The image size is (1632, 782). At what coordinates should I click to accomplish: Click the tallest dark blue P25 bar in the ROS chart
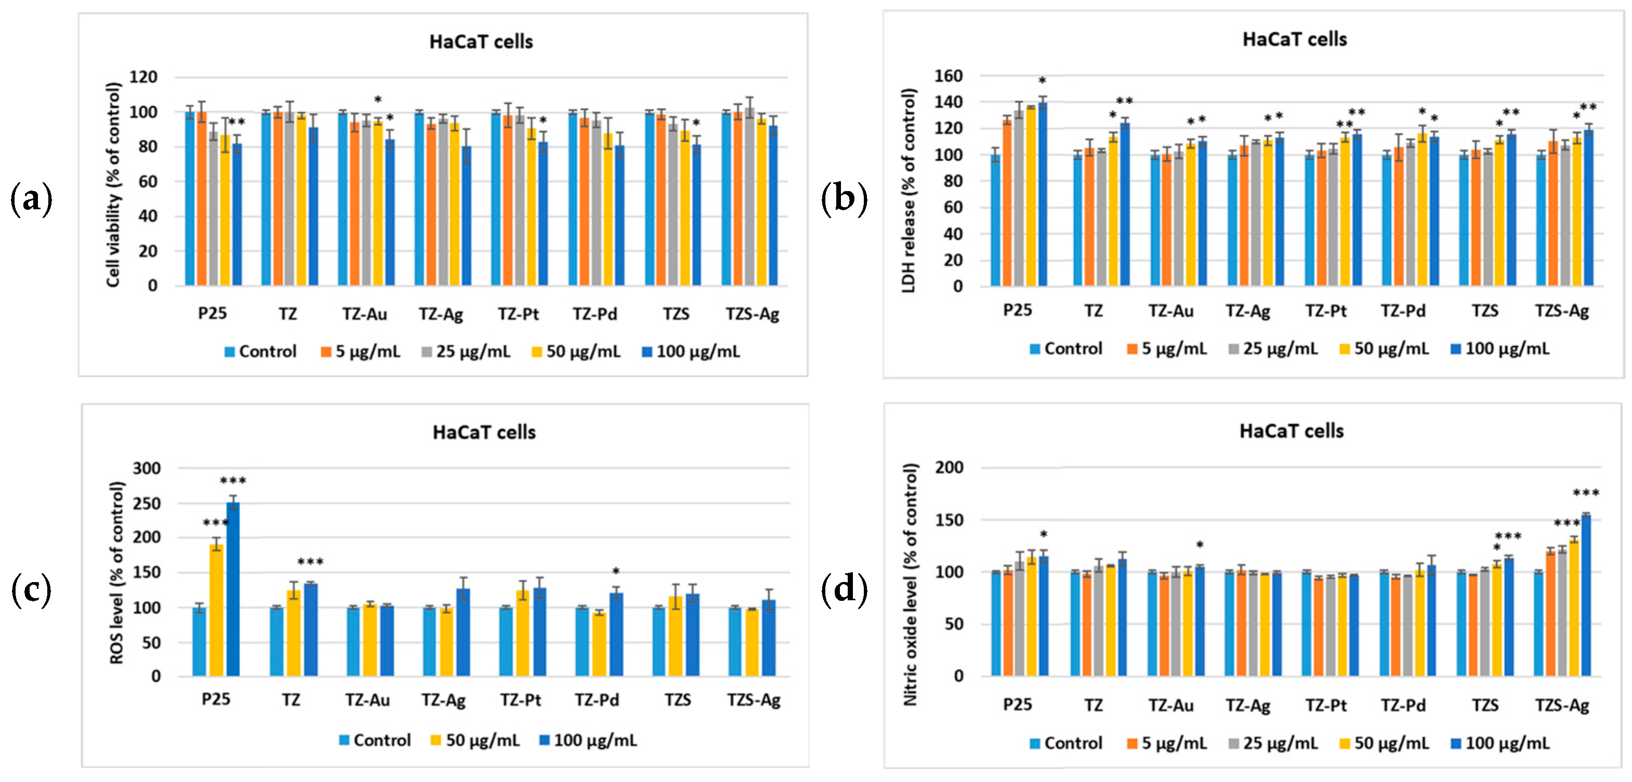pos(233,589)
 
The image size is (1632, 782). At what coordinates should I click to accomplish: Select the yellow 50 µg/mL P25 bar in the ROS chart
pos(217,611)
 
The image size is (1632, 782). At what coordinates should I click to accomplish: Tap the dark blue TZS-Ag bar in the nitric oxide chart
pos(1586,596)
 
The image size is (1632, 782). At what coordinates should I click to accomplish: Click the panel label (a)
pos(32,200)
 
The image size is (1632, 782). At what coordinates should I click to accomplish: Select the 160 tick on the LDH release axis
pos(949,76)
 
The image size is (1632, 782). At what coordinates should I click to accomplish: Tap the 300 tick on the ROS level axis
pos(147,468)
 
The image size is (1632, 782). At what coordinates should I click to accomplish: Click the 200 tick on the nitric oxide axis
pos(949,467)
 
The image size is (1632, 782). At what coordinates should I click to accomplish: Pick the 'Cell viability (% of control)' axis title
pos(113,185)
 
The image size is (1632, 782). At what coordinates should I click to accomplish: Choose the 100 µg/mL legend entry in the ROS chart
pos(588,740)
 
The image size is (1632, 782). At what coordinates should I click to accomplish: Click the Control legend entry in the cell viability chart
pos(260,352)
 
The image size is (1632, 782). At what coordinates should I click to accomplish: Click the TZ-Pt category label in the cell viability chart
pos(518,314)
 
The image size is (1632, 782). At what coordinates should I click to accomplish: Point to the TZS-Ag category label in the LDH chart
pos(1562,311)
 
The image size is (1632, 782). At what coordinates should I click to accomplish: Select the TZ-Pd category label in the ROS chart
pos(596,699)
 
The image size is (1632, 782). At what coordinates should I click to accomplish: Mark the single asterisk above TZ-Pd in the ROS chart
pos(616,571)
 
